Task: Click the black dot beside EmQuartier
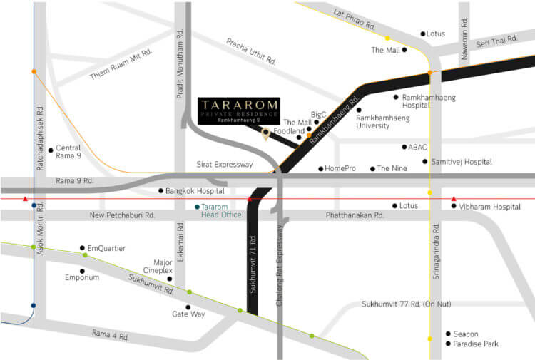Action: (82, 248)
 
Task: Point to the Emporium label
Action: (82, 277)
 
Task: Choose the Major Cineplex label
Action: (158, 267)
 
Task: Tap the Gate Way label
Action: (188, 314)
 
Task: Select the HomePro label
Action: (340, 169)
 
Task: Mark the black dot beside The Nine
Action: (372, 169)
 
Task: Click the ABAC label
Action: (418, 148)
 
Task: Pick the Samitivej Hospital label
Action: (462, 162)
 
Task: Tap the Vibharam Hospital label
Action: (491, 207)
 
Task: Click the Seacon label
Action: (465, 334)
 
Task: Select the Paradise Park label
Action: (476, 344)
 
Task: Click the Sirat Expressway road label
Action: (225, 165)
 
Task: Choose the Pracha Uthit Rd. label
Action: (251, 51)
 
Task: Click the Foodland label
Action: (289, 131)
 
